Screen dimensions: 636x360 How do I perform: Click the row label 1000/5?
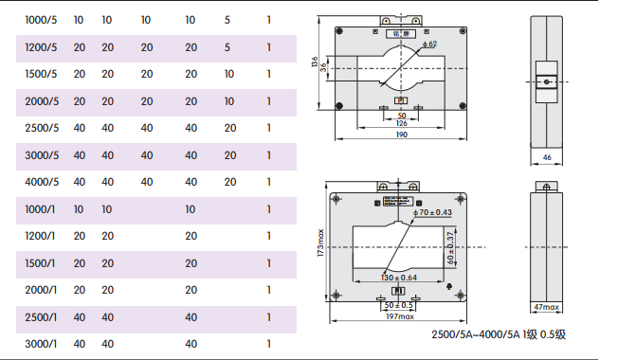click(x=41, y=20)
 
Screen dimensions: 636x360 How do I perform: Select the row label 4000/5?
click(x=42, y=182)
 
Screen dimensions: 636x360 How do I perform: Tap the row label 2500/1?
click(x=41, y=317)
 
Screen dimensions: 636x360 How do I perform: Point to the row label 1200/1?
click(x=40, y=236)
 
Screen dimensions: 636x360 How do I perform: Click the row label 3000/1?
click(x=41, y=344)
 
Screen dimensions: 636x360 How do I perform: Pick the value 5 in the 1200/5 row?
click(x=227, y=47)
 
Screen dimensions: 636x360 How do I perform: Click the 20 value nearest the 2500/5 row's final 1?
click(x=230, y=128)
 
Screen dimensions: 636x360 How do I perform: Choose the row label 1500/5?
click(x=41, y=74)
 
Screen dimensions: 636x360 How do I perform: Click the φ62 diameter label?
click(x=429, y=44)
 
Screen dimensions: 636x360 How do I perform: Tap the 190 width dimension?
click(x=401, y=135)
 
